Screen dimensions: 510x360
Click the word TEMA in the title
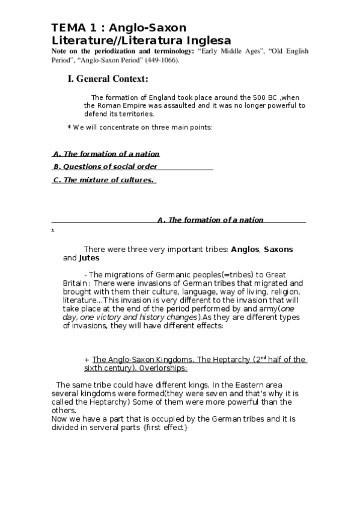click(x=66, y=28)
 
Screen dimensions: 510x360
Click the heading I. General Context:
click(x=108, y=79)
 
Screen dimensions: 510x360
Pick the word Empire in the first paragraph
click(x=127, y=105)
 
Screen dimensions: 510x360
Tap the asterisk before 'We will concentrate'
click(x=69, y=127)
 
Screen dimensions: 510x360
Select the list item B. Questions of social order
click(x=105, y=167)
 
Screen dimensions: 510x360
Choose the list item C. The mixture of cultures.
click(x=104, y=180)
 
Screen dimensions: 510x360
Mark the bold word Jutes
click(x=90, y=258)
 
